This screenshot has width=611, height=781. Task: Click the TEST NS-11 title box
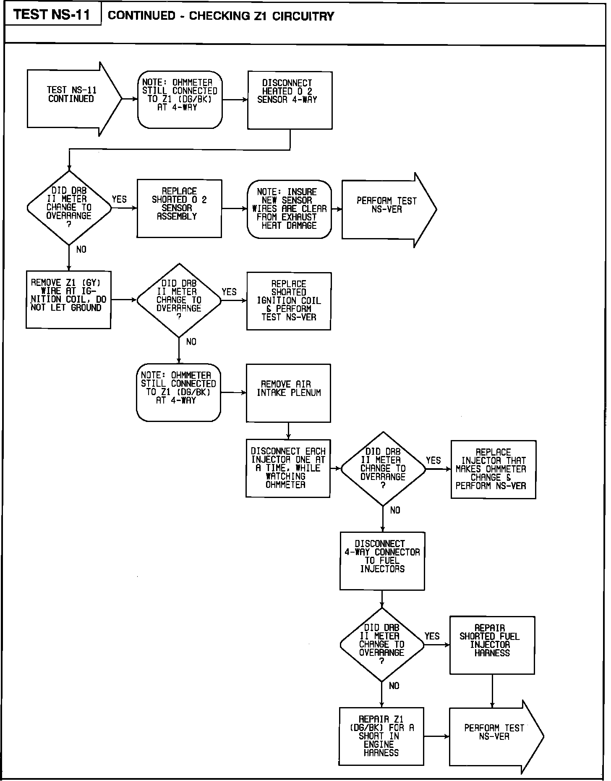point(52,15)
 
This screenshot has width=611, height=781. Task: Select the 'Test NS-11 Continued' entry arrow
point(71,99)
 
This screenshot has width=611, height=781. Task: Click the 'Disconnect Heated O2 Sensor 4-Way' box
point(290,100)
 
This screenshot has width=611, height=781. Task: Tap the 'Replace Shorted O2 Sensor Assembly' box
point(179,208)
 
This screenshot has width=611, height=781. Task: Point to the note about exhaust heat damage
point(289,209)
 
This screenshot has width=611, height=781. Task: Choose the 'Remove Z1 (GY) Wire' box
point(68,299)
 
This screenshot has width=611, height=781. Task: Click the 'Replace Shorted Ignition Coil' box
point(289,301)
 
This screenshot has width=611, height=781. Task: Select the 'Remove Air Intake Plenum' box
point(288,393)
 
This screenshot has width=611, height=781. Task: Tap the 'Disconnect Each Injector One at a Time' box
point(288,468)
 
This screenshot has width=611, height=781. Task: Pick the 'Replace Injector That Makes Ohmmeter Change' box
point(493,469)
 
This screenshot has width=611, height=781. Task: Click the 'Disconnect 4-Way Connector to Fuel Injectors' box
point(382,561)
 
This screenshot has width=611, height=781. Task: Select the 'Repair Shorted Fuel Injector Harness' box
point(492,645)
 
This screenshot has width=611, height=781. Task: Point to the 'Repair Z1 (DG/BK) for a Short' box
point(381,736)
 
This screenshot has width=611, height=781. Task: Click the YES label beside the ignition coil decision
point(229,292)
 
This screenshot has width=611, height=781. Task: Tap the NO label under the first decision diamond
point(81,249)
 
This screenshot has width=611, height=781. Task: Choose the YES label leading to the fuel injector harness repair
point(432,636)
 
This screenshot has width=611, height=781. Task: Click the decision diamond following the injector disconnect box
point(383,469)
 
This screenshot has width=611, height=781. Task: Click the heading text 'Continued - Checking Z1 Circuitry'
point(221,16)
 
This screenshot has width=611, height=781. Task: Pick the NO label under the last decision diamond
point(394,686)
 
